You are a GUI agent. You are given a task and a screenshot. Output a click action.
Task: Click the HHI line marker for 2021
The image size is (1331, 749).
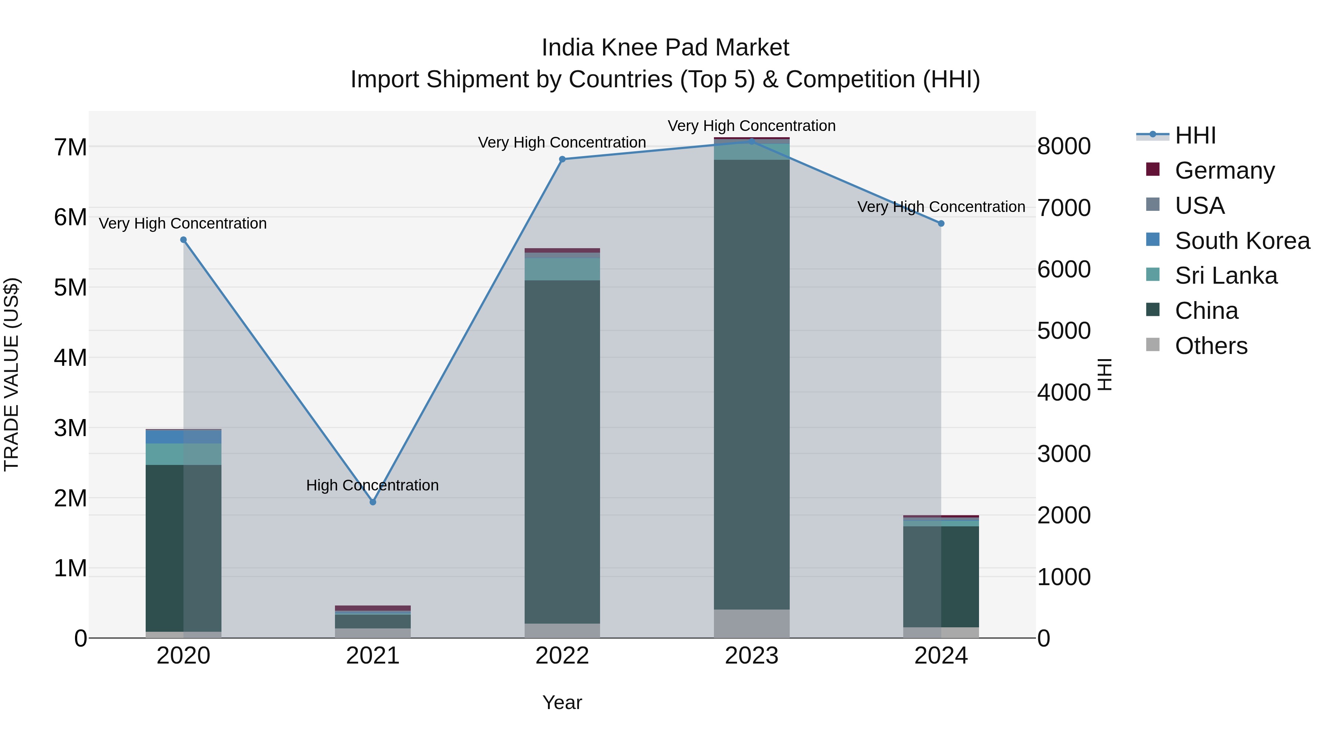point(373,502)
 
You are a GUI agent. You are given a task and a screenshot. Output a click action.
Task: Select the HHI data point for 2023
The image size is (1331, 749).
point(752,141)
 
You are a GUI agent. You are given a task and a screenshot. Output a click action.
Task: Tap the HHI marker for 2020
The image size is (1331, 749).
point(183,240)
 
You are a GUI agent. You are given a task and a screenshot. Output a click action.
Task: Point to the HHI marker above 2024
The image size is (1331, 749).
point(941,223)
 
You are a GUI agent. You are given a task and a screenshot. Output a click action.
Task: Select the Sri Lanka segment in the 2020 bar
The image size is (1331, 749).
point(183,454)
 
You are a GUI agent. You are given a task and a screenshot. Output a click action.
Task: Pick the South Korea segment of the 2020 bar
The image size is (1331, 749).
point(183,437)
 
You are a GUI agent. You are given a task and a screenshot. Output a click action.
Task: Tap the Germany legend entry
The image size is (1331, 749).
point(1224,170)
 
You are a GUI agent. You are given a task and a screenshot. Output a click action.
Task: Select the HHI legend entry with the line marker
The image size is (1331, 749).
point(1195,135)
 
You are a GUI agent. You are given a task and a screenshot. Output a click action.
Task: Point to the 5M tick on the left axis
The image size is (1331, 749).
point(70,287)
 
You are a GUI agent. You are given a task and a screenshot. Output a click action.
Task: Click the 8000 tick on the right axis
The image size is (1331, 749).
point(1064,146)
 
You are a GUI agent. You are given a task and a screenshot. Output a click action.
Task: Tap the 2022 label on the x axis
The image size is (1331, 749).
point(562,656)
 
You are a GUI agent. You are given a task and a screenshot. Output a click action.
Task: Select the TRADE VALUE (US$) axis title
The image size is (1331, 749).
point(11,374)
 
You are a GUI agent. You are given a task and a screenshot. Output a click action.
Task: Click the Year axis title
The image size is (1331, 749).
point(562,702)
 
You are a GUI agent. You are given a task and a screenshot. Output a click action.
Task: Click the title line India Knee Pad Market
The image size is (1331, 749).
point(665,48)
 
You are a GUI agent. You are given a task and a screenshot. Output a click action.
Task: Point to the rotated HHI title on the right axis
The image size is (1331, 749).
point(1104,374)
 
